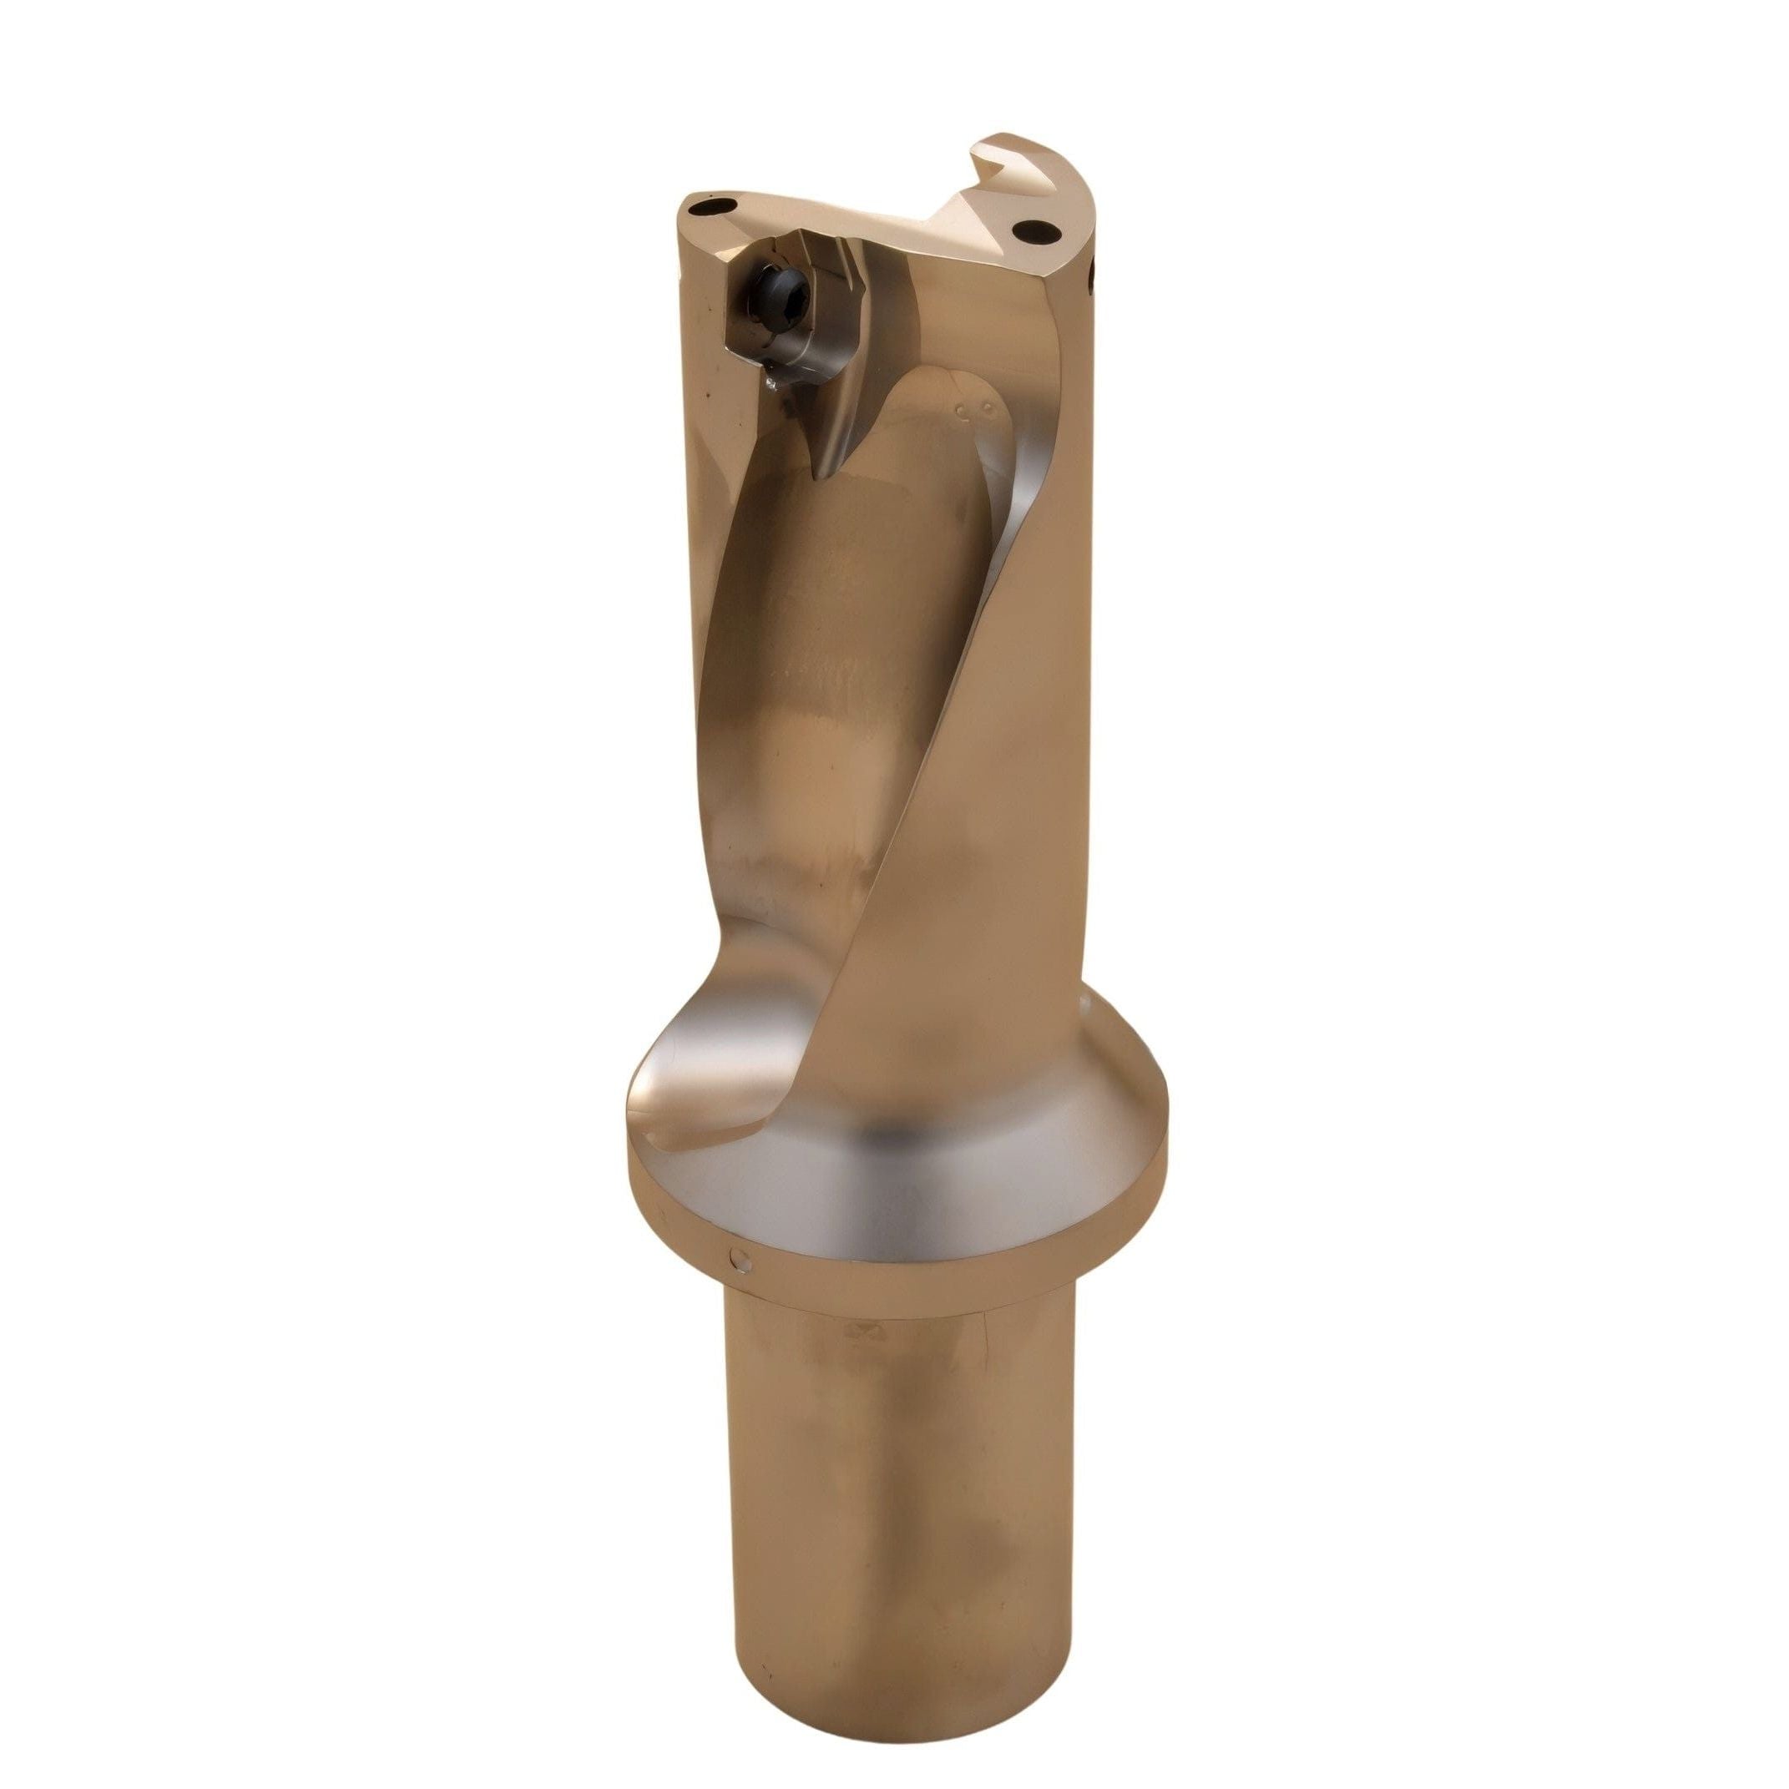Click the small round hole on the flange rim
coord(737,1257)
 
